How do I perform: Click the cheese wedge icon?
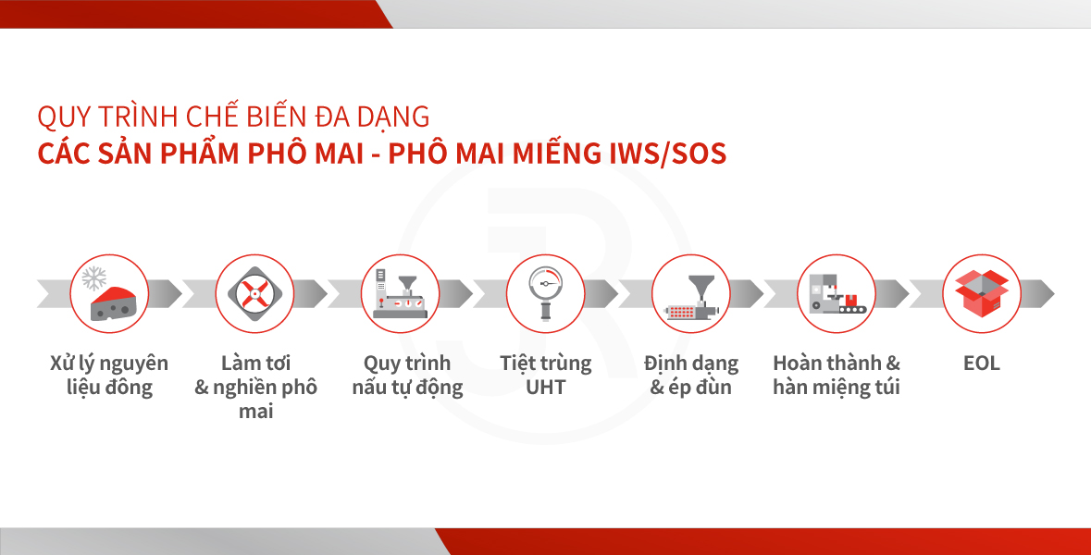pos(115,303)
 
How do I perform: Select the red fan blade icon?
pos(254,294)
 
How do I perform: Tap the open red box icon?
pos(982,293)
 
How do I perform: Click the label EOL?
pos(981,363)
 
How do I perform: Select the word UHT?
pos(546,388)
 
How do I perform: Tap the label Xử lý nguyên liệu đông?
pos(109,376)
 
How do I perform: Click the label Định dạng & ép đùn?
pos(691,376)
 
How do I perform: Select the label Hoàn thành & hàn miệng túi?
pos(837,376)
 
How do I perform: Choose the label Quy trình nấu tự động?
pos(407,376)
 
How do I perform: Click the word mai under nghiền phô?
pos(255,412)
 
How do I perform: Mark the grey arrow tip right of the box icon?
pos(1053,293)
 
